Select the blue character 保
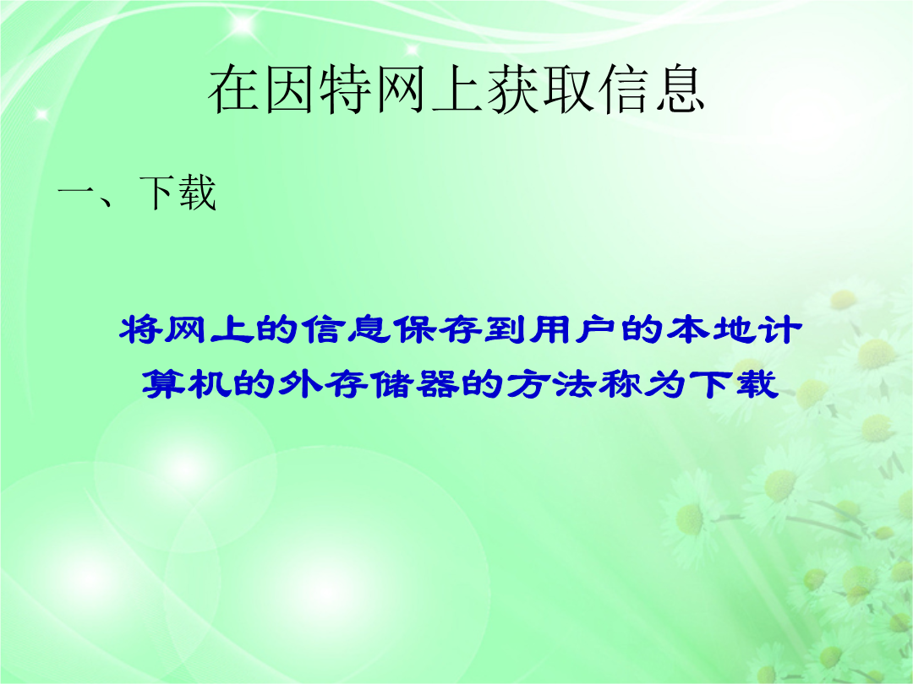click(x=414, y=330)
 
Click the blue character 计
click(x=779, y=330)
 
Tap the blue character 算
click(x=164, y=383)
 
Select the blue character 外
click(x=300, y=383)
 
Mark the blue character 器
click(x=438, y=383)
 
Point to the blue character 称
click(x=621, y=383)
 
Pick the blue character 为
click(x=665, y=383)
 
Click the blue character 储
click(x=392, y=383)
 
